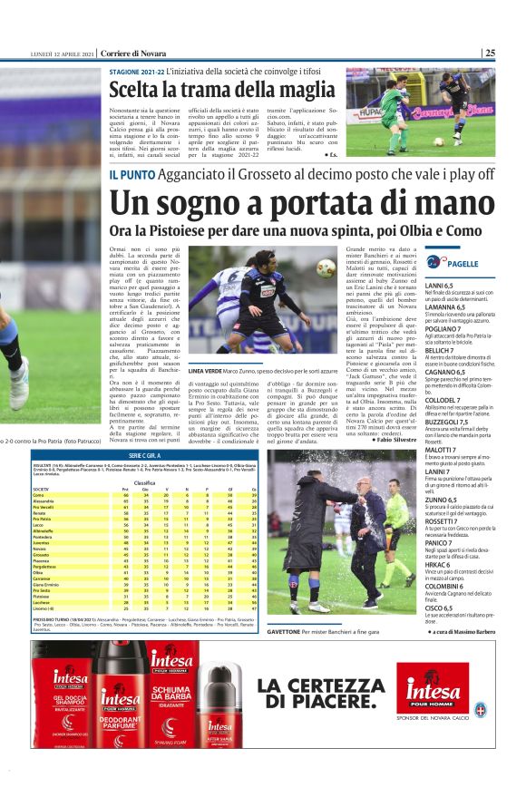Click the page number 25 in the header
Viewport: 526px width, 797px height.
pos(491,53)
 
